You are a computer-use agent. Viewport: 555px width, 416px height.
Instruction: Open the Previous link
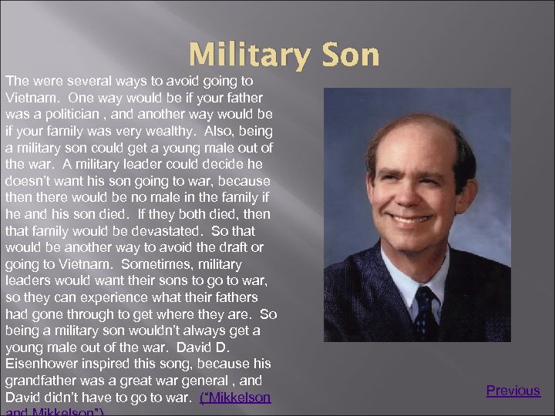pos(513,391)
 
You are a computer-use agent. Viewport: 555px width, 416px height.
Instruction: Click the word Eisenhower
pos(42,364)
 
